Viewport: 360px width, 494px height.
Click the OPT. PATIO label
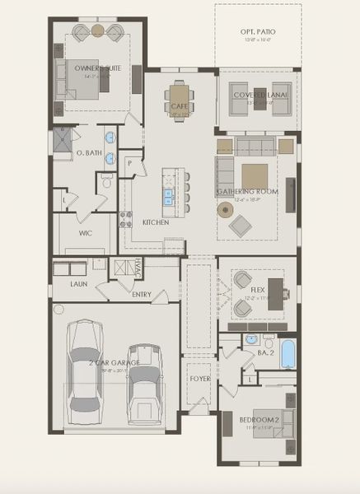(259, 30)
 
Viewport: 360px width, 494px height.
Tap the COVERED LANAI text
(259, 95)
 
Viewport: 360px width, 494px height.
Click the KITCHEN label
(156, 222)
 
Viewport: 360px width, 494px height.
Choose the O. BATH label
(88, 153)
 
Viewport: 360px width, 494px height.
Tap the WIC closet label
(85, 233)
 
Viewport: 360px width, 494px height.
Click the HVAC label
(138, 267)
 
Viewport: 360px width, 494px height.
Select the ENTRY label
(142, 294)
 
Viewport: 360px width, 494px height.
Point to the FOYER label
(200, 380)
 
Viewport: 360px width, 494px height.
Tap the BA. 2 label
(265, 352)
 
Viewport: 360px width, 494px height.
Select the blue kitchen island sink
(168, 196)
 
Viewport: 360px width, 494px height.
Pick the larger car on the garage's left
(86, 366)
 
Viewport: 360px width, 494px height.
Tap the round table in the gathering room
(225, 209)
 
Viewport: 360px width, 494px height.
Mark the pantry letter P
(129, 164)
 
